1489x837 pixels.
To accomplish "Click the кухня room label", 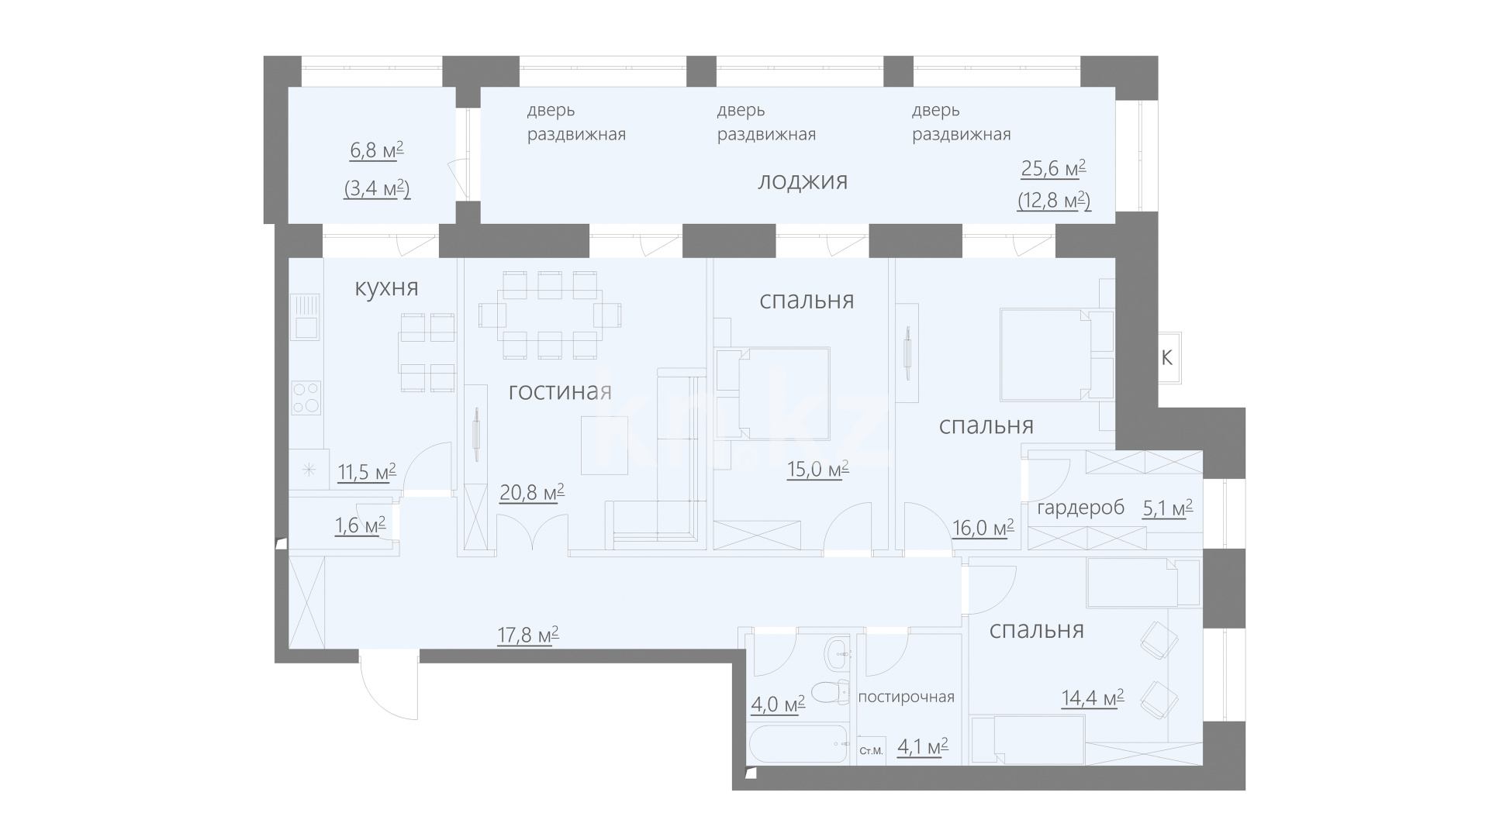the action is [386, 288].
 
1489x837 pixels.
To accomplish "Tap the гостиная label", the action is [560, 391].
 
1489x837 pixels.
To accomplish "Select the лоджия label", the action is [803, 182].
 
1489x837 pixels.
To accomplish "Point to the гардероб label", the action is [1080, 508].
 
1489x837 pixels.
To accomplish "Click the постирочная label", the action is [906, 697].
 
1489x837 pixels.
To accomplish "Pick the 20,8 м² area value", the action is [531, 492].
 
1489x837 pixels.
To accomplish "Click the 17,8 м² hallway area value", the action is [527, 635].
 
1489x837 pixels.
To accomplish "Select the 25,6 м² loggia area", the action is [1053, 169].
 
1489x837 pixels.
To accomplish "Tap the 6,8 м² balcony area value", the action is [377, 150].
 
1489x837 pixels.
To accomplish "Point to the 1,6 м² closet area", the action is [360, 526].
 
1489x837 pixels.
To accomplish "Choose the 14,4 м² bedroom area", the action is [1093, 699].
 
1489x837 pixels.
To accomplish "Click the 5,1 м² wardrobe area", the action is [1167, 508].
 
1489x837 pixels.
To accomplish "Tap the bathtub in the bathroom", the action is [800, 745].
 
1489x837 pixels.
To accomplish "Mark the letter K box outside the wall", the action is [1166, 358].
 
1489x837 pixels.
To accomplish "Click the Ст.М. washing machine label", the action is [872, 750].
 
